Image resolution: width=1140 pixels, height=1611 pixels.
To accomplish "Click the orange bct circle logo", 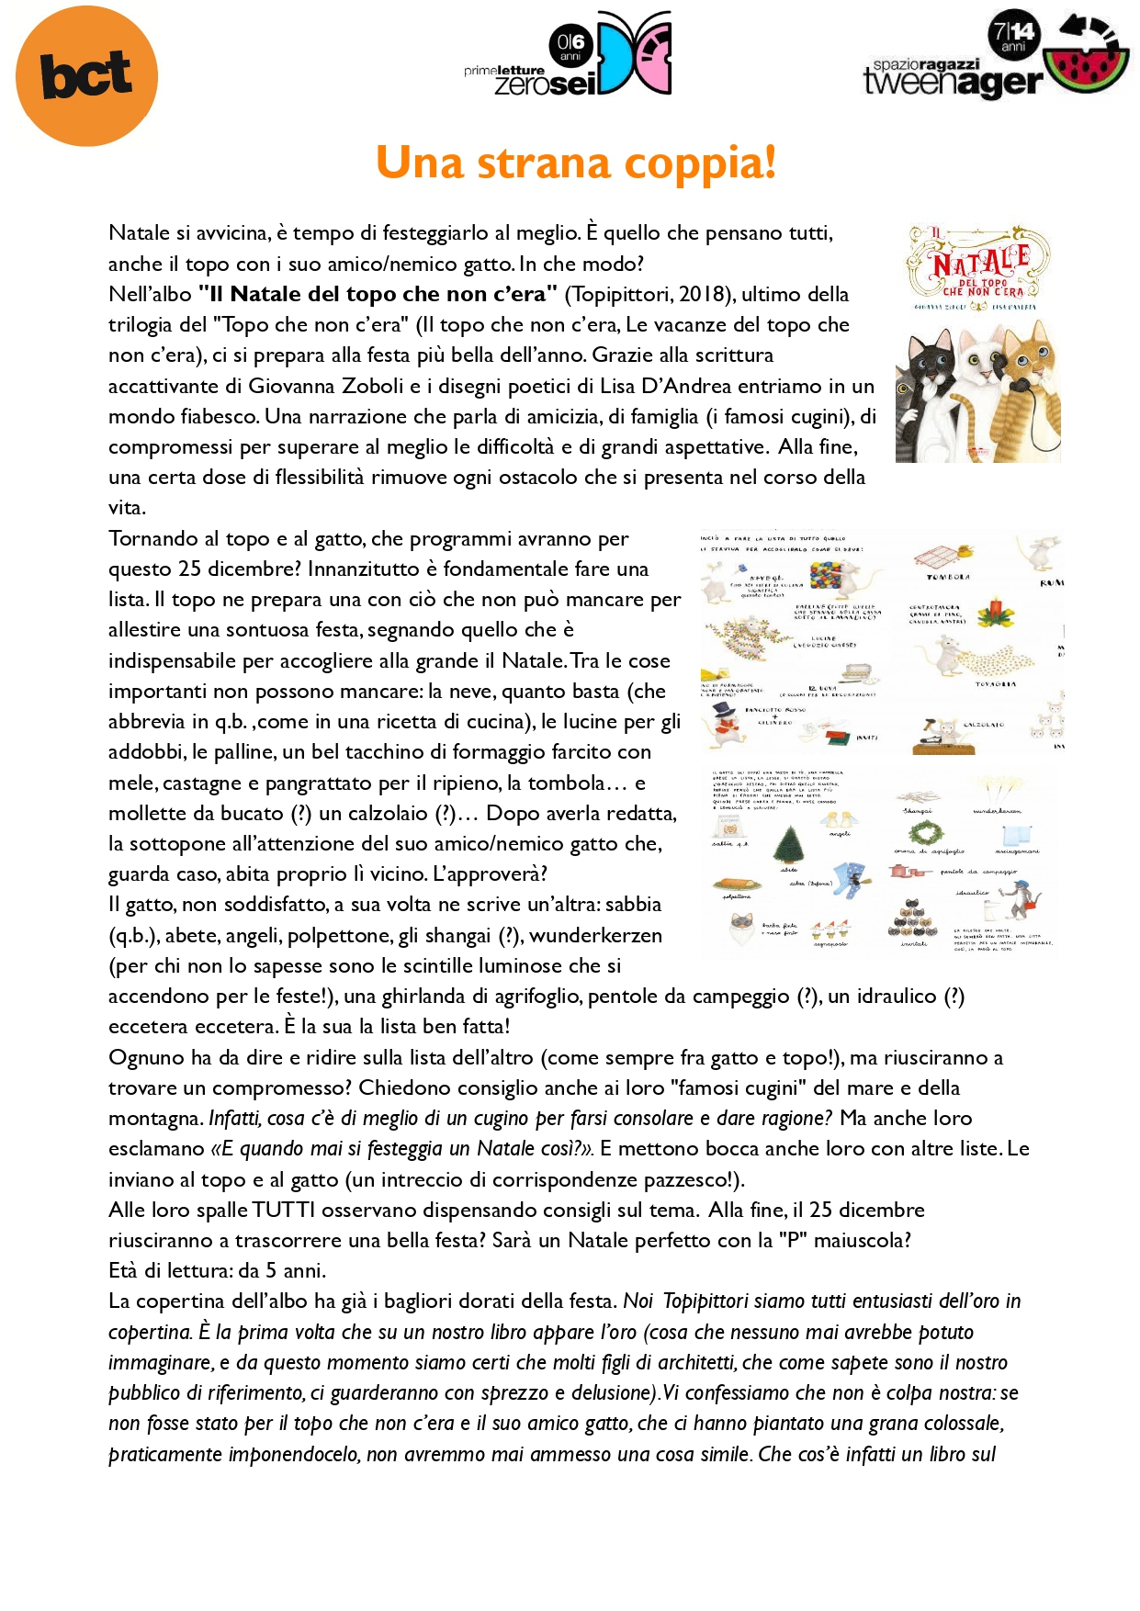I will click(86, 75).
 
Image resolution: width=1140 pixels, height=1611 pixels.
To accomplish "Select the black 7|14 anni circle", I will click(1013, 35).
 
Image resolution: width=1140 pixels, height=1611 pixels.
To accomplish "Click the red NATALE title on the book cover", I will click(980, 263).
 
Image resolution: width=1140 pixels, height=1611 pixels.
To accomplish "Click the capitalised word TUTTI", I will click(284, 1211).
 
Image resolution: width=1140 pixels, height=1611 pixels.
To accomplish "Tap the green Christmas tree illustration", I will click(788, 844).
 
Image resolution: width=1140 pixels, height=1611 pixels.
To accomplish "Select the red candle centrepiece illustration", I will click(995, 611).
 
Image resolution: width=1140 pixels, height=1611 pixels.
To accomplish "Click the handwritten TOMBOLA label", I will click(948, 577).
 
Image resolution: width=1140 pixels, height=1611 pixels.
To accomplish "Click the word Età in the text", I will click(124, 1271).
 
